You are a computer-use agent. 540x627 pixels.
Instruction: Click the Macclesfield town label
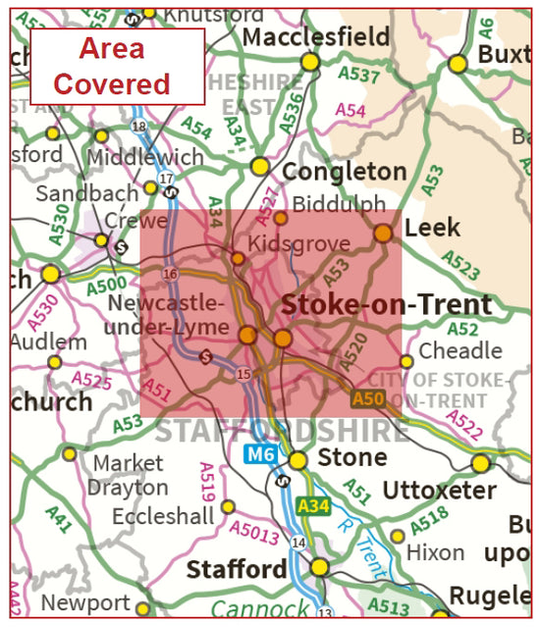[316, 36]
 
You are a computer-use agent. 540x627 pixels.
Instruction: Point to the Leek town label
[432, 228]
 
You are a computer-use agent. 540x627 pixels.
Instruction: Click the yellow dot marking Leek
[383, 233]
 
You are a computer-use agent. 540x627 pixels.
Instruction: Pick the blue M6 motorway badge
[260, 453]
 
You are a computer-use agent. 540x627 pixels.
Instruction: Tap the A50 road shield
[368, 398]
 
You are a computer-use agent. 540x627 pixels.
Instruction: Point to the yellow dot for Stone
[297, 459]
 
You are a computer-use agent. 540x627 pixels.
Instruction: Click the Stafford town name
[238, 569]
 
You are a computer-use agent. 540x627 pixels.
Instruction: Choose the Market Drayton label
[128, 474]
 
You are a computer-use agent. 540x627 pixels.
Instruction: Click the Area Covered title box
[118, 66]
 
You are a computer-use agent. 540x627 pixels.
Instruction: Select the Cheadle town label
[460, 350]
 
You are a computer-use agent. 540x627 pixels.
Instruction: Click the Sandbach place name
[74, 193]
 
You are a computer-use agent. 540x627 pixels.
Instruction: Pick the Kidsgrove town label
[286, 242]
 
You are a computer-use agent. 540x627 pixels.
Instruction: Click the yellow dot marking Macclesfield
[310, 62]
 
